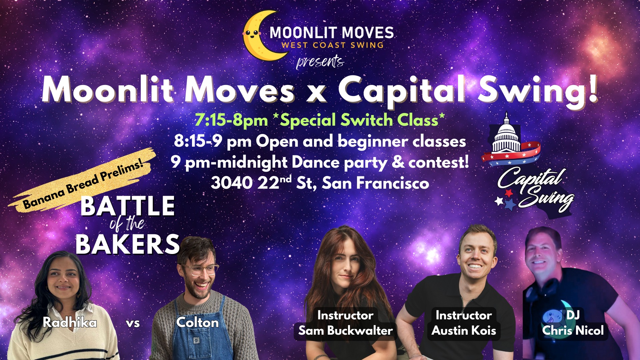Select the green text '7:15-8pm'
(x=231, y=120)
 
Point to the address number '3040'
(x=232, y=183)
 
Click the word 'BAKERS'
(x=128, y=244)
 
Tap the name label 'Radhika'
(x=70, y=322)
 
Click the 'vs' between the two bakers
(x=133, y=323)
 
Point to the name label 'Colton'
(x=198, y=322)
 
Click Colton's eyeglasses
(x=199, y=269)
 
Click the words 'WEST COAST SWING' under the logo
(x=332, y=45)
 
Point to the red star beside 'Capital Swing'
(x=509, y=193)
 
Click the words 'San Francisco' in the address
(x=376, y=183)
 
